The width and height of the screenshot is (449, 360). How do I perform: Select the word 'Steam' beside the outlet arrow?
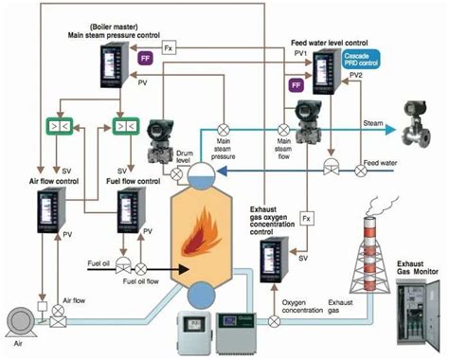[373, 122]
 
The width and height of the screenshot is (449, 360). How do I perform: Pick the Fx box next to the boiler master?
[169, 45]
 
